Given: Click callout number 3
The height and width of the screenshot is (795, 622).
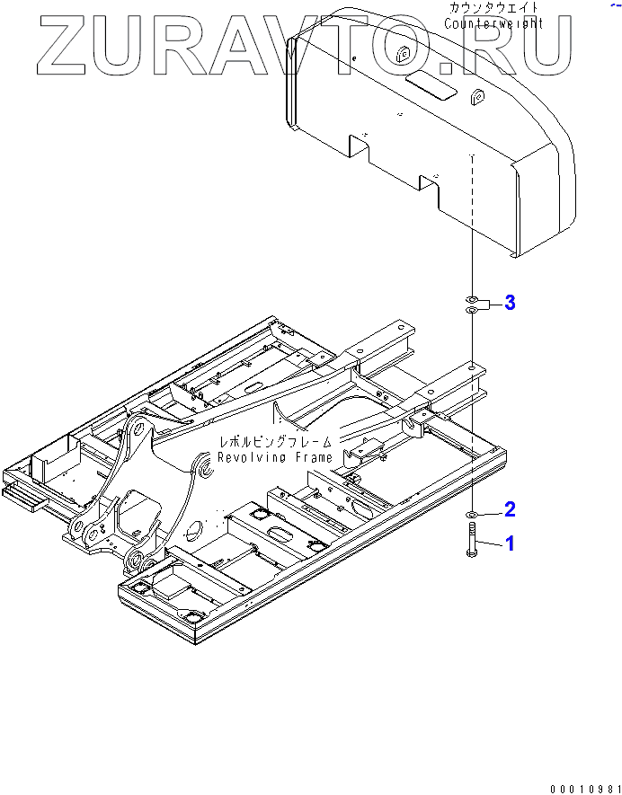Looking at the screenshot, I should click(510, 303).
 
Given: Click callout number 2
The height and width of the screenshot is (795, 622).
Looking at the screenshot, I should click(510, 510).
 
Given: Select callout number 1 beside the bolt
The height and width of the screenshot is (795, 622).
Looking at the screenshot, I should click(510, 543).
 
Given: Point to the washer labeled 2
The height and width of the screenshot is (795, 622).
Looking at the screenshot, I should click(472, 515).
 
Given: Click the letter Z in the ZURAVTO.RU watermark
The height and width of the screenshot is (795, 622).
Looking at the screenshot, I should click(65, 45).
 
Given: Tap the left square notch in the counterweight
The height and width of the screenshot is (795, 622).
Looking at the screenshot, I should click(360, 144).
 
